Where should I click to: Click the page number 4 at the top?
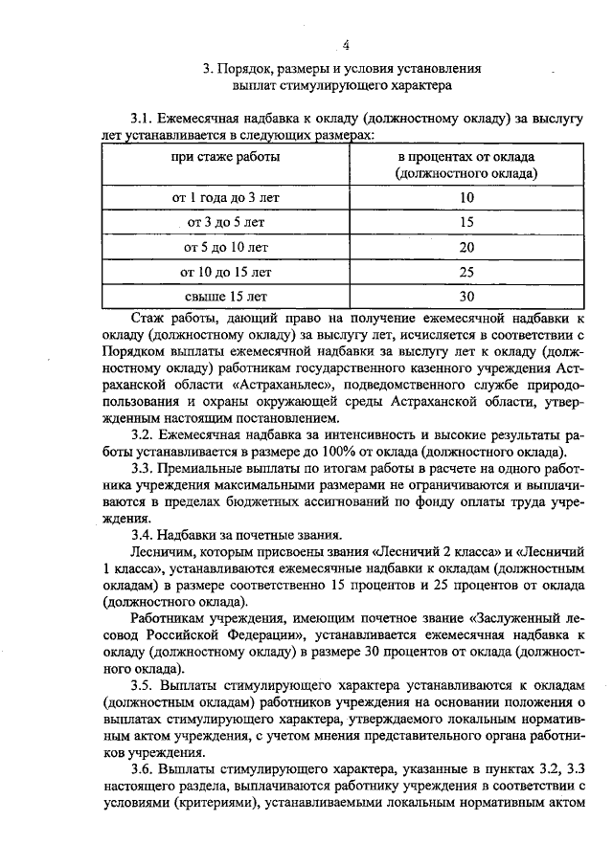pyautogui.click(x=347, y=43)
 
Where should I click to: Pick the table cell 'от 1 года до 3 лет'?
pyautogui.click(x=225, y=197)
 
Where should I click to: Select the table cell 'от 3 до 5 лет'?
pyautogui.click(x=227, y=222)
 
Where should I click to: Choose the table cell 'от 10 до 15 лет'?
pyautogui.click(x=226, y=272)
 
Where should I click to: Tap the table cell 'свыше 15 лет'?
pyautogui.click(x=226, y=297)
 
